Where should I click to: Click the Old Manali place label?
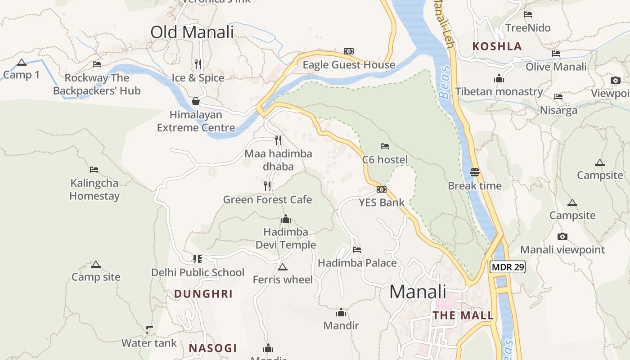(192, 32)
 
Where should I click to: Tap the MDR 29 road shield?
(508, 267)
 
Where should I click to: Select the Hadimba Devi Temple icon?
(285, 219)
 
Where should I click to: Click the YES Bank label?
(382, 202)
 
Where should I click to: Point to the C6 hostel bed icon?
(384, 146)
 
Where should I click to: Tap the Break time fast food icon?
(475, 172)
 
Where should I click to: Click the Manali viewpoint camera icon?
(562, 237)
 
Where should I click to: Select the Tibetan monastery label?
(499, 92)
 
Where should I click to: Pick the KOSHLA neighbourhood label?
(497, 46)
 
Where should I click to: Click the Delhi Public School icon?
(197, 259)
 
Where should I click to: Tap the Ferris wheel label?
(283, 280)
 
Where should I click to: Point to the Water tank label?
(149, 343)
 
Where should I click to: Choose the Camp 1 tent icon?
(21, 63)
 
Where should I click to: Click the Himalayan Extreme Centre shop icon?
(196, 101)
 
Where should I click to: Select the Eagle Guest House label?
(349, 65)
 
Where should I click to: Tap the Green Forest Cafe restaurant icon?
(267, 186)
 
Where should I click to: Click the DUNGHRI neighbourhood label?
(203, 294)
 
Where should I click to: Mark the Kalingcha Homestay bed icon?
(94, 170)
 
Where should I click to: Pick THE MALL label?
(463, 315)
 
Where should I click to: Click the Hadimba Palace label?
(357, 263)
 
